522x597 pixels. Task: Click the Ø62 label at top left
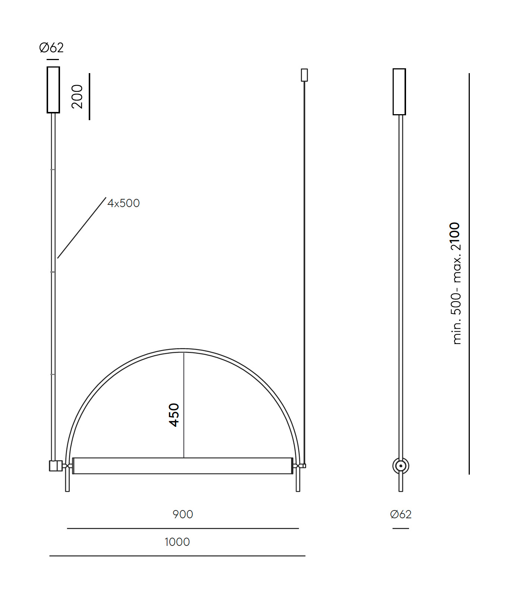click(51, 48)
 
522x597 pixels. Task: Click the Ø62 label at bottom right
click(401, 515)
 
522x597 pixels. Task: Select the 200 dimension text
click(77, 97)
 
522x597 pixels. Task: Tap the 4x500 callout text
click(123, 203)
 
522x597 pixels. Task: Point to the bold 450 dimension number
click(174, 415)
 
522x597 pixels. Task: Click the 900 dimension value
click(183, 515)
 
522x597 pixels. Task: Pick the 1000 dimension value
click(177, 542)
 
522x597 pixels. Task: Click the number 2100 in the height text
click(456, 237)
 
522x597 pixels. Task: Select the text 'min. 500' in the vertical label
click(456, 318)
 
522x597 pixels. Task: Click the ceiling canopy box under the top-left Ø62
click(53, 90)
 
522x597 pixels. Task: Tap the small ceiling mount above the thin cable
click(304, 75)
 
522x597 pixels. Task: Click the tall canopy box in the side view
click(399, 92)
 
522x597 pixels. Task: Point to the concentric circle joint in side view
click(401, 466)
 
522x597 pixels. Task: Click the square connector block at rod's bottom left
click(55, 466)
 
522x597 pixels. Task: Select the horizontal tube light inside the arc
click(183, 466)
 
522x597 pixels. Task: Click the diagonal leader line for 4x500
click(82, 228)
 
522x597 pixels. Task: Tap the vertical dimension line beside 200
click(89, 97)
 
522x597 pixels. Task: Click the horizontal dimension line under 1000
click(177, 556)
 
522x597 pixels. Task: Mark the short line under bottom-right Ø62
click(401, 528)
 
